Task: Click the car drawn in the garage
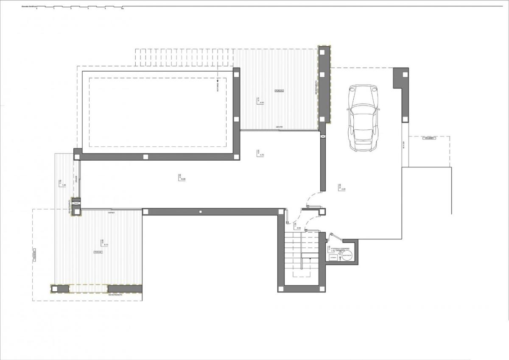pyautogui.click(x=363, y=118)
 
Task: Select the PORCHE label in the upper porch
pyautogui.click(x=279, y=90)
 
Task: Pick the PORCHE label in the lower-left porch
pyautogui.click(x=98, y=252)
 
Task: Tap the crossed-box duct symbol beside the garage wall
pyautogui.click(x=323, y=136)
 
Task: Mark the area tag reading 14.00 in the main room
pyautogui.click(x=182, y=179)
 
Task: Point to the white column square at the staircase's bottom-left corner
pyautogui.click(x=281, y=289)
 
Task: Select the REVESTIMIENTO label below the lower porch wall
pyautogui.click(x=115, y=294)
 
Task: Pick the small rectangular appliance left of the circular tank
pyautogui.click(x=333, y=257)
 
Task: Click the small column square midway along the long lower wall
pyautogui.click(x=200, y=211)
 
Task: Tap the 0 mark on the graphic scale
pyautogui.click(x=37, y=8)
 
